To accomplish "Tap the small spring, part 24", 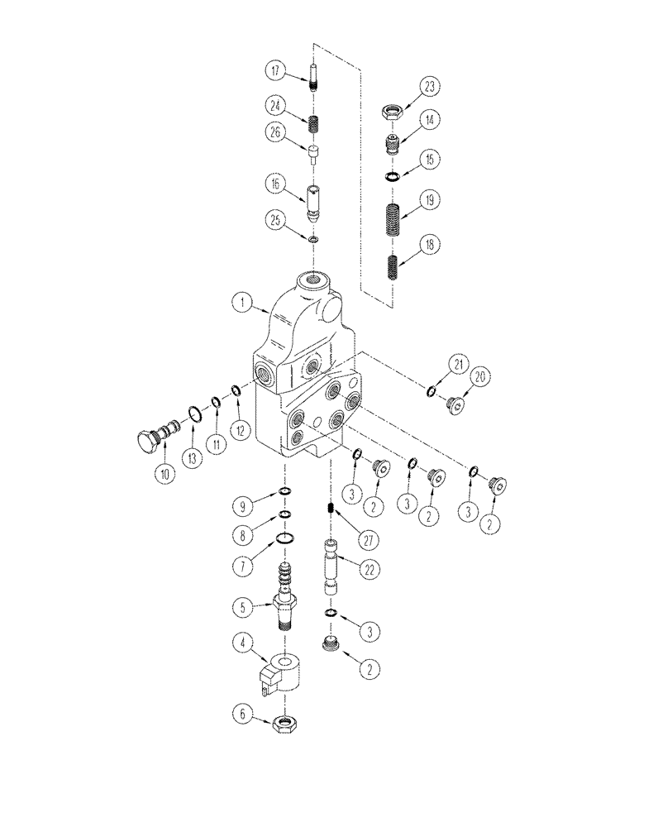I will (314, 124).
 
